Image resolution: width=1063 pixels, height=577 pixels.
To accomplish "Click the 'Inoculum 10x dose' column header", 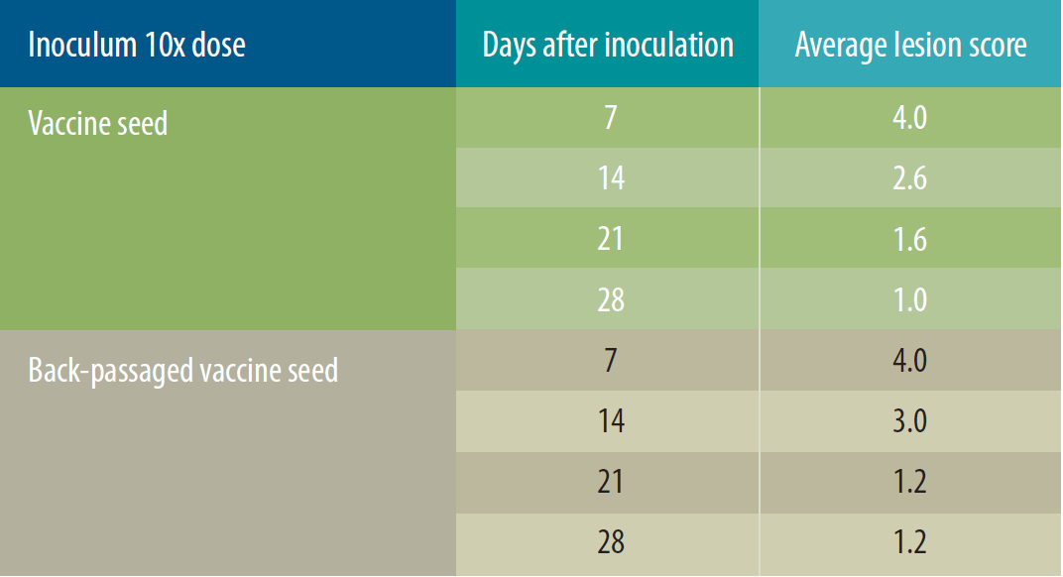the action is click(137, 45).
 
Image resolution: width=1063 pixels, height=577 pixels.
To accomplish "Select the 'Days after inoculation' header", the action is click(608, 45).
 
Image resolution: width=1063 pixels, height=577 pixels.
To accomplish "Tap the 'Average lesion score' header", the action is click(910, 45).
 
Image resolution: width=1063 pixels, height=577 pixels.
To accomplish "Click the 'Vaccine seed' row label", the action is click(97, 123).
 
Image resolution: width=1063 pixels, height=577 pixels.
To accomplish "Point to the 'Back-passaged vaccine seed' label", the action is click(183, 370).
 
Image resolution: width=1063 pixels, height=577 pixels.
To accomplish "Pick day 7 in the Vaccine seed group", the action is click(611, 117).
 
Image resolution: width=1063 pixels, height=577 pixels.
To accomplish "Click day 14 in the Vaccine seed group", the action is click(611, 177).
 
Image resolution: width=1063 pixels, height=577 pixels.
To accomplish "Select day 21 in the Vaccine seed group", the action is click(610, 239).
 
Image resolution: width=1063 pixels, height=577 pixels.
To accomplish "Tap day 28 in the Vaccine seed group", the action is click(611, 299).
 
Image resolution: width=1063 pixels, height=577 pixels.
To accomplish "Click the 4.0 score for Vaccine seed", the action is click(909, 117).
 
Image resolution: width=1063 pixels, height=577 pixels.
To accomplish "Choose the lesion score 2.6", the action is click(909, 177).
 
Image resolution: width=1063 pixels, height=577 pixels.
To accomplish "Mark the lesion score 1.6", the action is click(910, 239).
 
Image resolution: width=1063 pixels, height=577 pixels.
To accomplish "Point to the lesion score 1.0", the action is click(910, 299).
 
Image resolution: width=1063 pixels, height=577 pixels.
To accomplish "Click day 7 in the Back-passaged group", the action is click(611, 360).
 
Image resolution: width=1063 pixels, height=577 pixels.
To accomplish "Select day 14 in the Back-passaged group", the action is click(611, 420).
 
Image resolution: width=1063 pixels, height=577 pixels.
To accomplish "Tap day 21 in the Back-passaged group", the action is click(610, 482).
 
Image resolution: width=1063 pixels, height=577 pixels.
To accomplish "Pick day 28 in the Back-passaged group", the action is click(611, 541).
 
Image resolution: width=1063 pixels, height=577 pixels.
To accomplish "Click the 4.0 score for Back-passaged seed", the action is click(909, 360).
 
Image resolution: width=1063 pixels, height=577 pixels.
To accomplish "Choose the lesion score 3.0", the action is click(909, 420).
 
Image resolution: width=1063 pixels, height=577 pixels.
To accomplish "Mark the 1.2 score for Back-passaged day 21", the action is click(910, 482).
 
